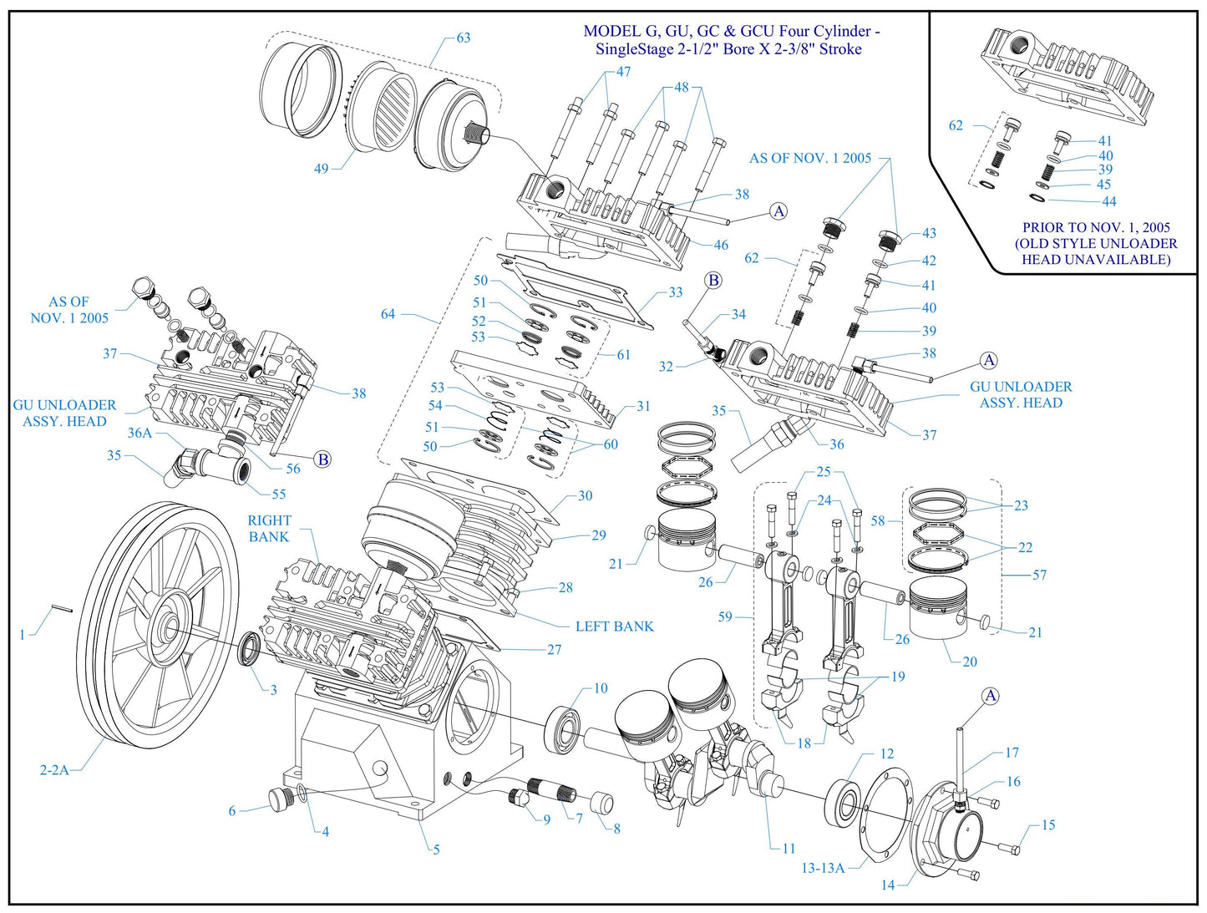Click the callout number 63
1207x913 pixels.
463,38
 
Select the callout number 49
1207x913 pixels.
322,169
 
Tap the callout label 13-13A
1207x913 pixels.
823,868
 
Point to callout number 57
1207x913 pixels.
1039,575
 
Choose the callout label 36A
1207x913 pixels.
139,433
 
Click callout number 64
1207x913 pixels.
388,314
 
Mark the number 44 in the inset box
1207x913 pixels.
1108,201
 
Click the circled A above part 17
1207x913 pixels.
990,696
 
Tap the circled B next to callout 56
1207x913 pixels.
322,459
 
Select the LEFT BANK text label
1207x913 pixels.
614,626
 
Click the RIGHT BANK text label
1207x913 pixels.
269,529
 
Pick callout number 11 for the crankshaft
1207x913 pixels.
789,848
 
